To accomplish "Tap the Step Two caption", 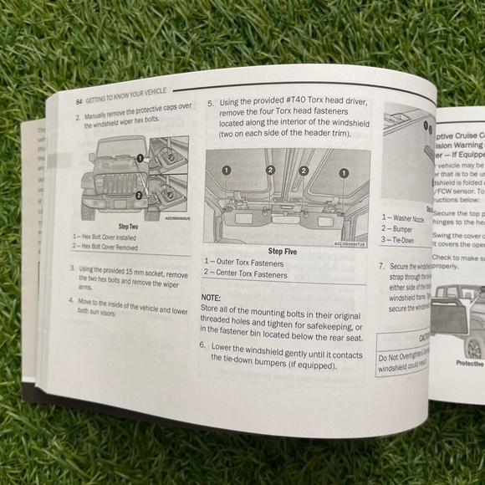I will [x=128, y=227].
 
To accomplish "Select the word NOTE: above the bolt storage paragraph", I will [x=211, y=298].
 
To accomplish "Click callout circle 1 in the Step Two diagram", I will [x=143, y=159].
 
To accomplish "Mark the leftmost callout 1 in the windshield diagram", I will [x=226, y=170].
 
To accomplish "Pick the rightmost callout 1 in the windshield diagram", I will [x=342, y=172].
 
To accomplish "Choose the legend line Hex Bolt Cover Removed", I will [x=112, y=247].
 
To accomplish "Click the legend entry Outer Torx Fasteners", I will [x=248, y=263].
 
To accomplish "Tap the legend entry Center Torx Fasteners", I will [x=250, y=274].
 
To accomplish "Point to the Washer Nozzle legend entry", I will [x=404, y=219].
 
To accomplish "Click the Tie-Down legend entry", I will [x=400, y=240].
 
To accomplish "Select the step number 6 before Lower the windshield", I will [x=203, y=345].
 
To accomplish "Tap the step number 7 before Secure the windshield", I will [x=382, y=267].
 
